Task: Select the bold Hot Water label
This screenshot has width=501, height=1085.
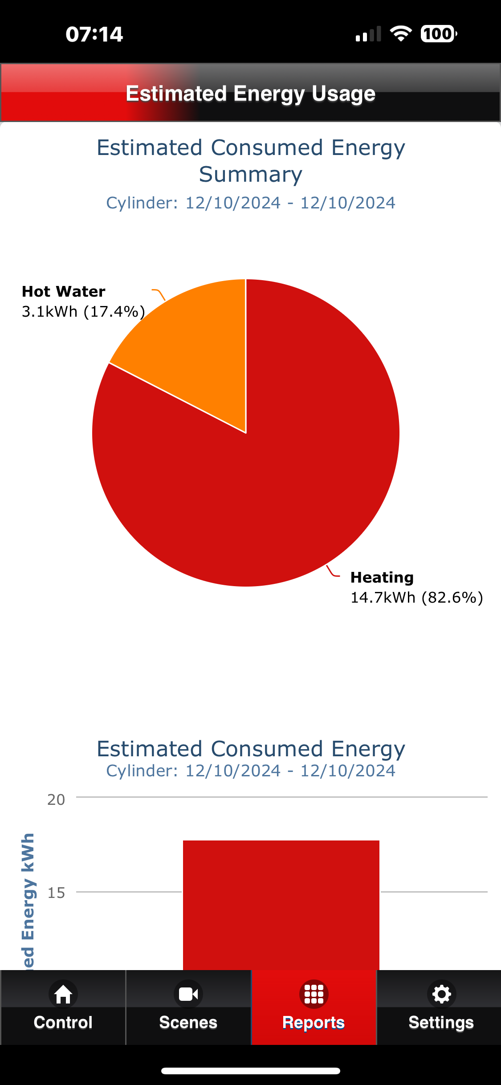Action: pyautogui.click(x=64, y=291)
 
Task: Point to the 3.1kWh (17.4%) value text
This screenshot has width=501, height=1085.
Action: pyautogui.click(x=83, y=312)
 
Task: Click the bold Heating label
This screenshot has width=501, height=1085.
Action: pyautogui.click(x=382, y=578)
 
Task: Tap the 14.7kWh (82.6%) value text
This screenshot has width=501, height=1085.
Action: pyautogui.click(x=417, y=598)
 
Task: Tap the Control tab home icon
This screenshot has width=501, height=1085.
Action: pyautogui.click(x=63, y=994)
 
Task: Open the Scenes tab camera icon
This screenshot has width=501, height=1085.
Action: pyautogui.click(x=188, y=994)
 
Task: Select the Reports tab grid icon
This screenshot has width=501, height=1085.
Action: pyautogui.click(x=314, y=994)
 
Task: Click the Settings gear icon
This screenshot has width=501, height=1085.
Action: pyautogui.click(x=441, y=994)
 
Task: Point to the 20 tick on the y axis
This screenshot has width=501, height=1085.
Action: pyautogui.click(x=56, y=800)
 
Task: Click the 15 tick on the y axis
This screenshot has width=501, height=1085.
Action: pyautogui.click(x=56, y=893)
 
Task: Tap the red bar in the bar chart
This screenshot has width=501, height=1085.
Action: pyautogui.click(x=281, y=905)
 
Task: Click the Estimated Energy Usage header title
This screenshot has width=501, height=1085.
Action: pyautogui.click(x=251, y=94)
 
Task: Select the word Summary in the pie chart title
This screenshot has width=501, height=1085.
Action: pyautogui.click(x=251, y=175)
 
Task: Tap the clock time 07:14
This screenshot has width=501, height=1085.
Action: pyautogui.click(x=94, y=34)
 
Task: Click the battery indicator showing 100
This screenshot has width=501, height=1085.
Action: pyautogui.click(x=439, y=34)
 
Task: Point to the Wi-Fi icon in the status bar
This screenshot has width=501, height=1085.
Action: pyautogui.click(x=401, y=34)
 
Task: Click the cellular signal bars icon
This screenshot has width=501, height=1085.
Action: pyautogui.click(x=368, y=34)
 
